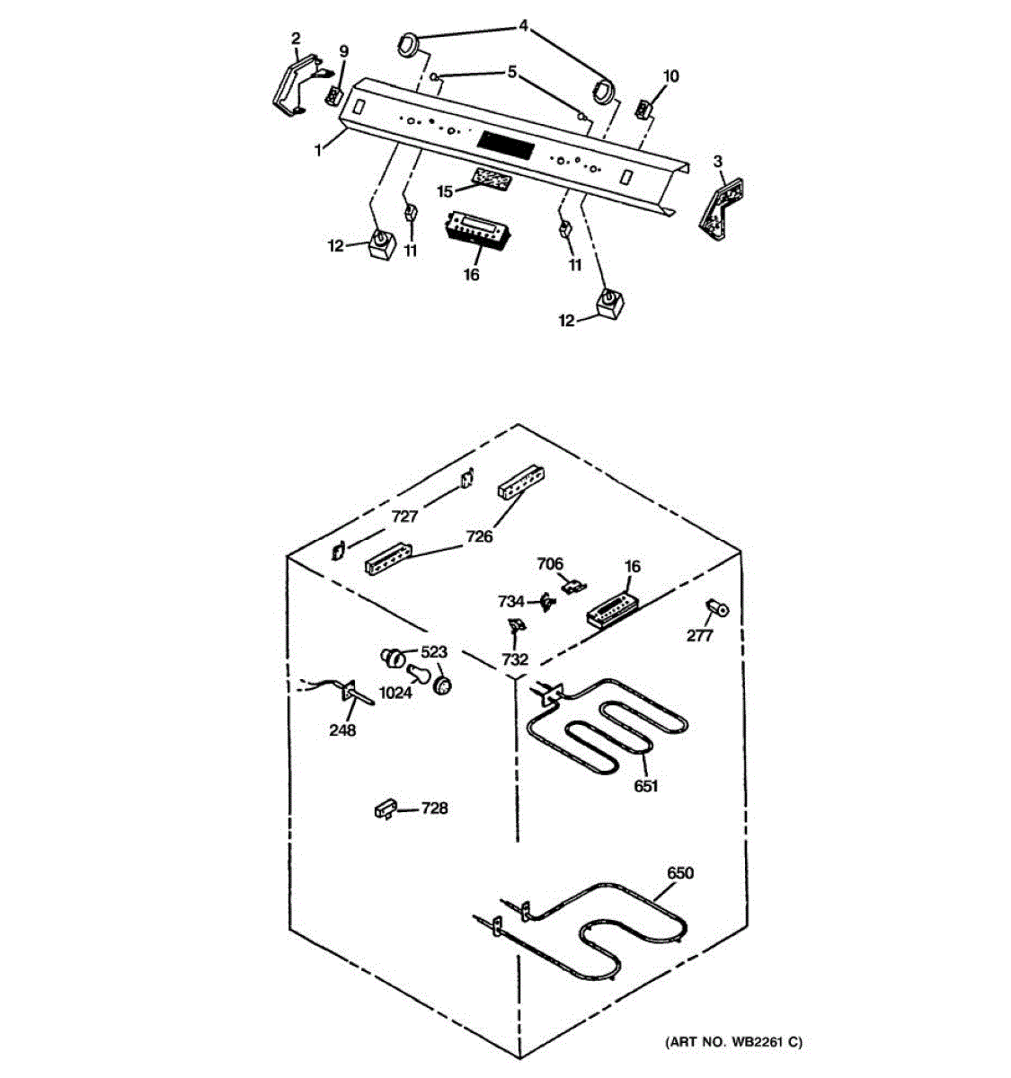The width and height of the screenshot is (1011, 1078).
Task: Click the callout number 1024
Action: (395, 693)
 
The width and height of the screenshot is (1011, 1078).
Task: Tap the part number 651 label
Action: (645, 786)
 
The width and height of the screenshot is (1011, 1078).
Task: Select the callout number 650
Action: (680, 872)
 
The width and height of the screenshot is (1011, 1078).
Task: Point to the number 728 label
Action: (434, 808)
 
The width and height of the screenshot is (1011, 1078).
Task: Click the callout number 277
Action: (699, 636)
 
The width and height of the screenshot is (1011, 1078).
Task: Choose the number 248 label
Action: (342, 730)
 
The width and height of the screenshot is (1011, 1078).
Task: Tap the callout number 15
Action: (446, 191)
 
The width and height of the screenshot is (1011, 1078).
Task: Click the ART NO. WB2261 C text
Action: (733, 1042)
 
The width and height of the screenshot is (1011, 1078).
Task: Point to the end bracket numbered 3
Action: (723, 209)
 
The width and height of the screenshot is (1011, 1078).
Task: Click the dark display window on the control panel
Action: (508, 143)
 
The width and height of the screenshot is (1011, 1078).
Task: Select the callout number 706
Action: (550, 564)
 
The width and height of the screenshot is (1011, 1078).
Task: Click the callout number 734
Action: (511, 601)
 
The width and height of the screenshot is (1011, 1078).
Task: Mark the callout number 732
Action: (515, 659)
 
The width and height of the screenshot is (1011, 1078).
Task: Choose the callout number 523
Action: (435, 651)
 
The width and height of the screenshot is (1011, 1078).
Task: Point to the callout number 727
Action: (405, 517)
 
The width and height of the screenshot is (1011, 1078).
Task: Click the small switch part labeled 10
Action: (643, 109)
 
